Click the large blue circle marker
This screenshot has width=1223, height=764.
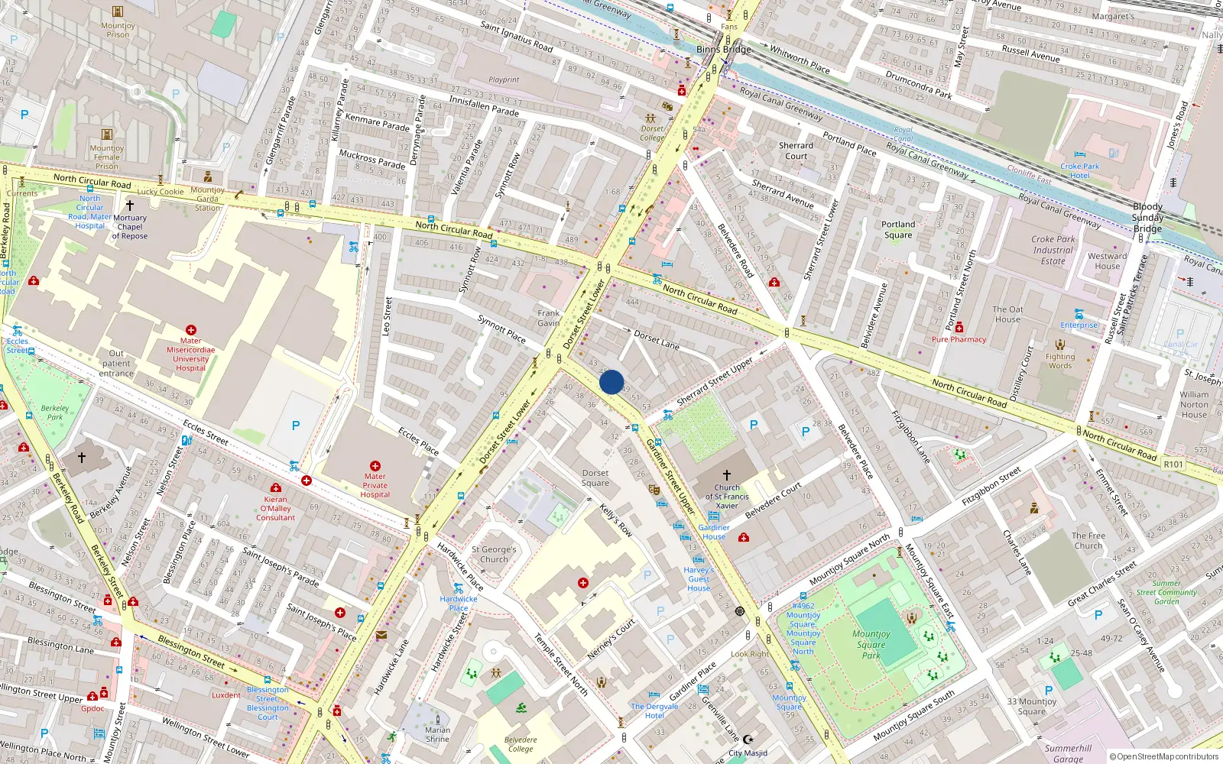click(x=611, y=382)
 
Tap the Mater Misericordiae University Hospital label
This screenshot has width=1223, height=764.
click(x=191, y=354)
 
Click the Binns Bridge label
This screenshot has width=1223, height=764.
click(x=723, y=50)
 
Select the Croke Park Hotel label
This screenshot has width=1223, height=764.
click(x=1079, y=170)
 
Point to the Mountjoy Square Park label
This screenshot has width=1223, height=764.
click(x=871, y=644)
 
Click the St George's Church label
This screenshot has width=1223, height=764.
click(x=494, y=554)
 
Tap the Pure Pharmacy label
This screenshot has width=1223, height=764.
click(x=959, y=339)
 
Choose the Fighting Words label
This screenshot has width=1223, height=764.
click(x=1060, y=361)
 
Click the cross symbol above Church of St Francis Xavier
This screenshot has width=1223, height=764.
click(x=726, y=475)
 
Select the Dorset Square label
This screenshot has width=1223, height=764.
click(x=595, y=477)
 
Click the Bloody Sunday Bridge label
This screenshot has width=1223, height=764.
click(x=1147, y=218)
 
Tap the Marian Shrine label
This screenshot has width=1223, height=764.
click(x=438, y=734)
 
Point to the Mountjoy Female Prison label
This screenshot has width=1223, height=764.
click(x=107, y=157)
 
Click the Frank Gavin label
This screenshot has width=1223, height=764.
click(x=548, y=318)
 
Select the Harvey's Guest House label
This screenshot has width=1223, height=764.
click(x=699, y=579)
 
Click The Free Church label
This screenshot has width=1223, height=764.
click(x=1088, y=541)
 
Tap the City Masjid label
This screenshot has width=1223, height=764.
click(x=748, y=753)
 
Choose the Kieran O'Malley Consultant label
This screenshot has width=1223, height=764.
click(x=275, y=508)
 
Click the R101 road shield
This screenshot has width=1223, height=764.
click(x=1173, y=464)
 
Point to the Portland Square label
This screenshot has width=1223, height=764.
click(x=898, y=229)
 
